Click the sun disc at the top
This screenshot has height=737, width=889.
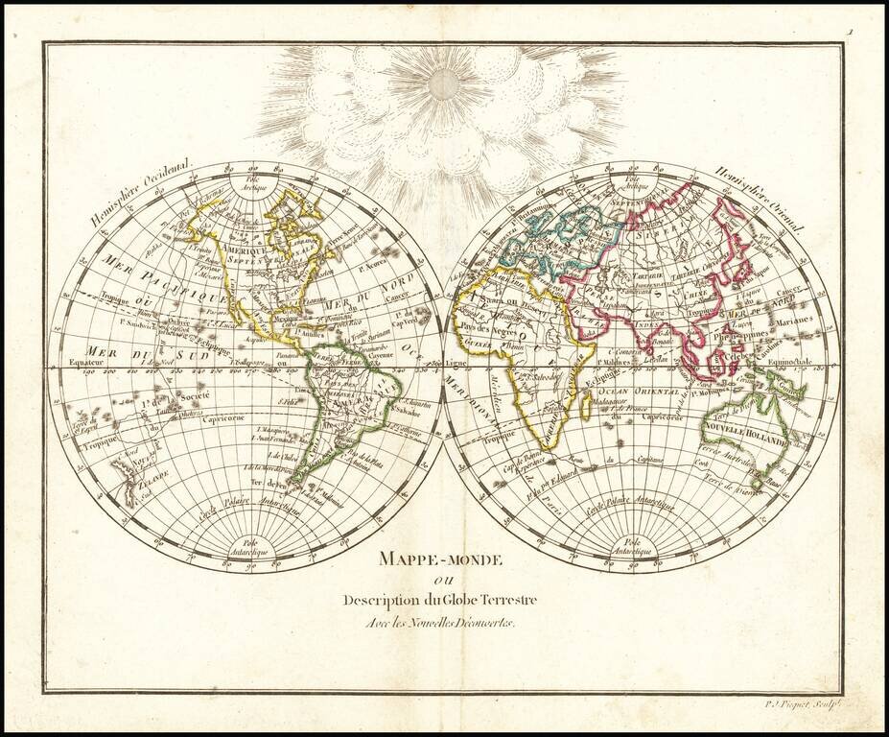443,84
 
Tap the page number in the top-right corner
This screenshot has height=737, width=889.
849,33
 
